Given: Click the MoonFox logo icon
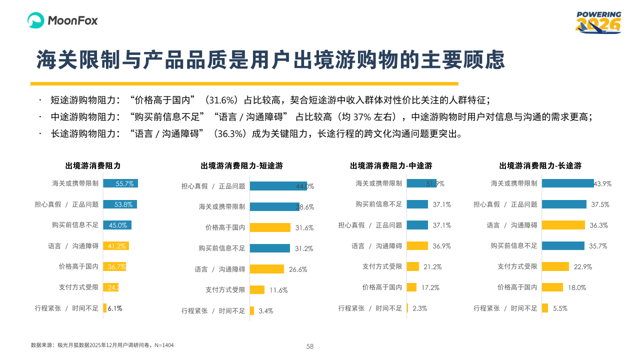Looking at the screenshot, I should pos(36,20).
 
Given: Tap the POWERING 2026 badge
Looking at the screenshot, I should pos(598,22).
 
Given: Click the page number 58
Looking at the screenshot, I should pos(310,346).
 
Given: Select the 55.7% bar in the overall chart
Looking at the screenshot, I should pos(120,183).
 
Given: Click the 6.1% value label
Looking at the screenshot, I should pos(115,308).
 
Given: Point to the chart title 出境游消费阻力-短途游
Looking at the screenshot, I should pos(241,166).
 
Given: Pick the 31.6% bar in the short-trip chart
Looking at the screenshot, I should pos(270,227).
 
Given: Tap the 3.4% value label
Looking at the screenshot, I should pos(266,311).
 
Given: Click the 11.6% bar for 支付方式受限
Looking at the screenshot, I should pos(257,289).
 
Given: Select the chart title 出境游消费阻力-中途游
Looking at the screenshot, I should pos(391,166).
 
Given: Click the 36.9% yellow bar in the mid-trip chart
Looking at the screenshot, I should pos(417,245).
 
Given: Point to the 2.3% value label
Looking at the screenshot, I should pos(420,308).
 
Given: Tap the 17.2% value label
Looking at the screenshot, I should pos(430,287).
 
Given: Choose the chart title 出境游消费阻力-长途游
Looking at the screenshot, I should pos(540,166).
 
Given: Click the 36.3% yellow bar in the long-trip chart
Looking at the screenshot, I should pos(563,225).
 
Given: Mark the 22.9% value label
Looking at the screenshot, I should pos(582,267).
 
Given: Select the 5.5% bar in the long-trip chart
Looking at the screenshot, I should pos(545,308).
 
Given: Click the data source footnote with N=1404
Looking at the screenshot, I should pos(102,345).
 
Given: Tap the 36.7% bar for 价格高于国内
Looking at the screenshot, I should pos(114,266).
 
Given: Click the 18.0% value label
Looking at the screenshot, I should pos(576,287).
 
